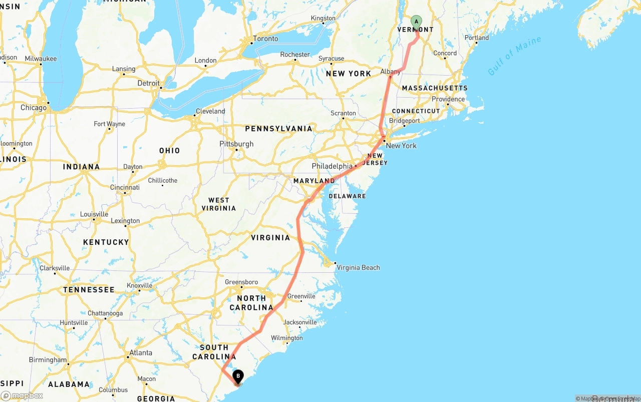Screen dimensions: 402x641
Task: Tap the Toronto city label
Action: pos(265,39)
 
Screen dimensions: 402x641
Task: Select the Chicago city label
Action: pos(34,108)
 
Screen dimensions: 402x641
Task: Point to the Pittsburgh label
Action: pos(236,144)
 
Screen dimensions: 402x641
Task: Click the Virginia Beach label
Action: pos(358,267)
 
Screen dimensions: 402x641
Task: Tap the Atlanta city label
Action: pos(141,352)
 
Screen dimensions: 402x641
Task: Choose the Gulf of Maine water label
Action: pos(514,56)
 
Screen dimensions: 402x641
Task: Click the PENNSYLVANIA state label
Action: pos(278,129)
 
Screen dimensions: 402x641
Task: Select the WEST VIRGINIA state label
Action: pos(219,204)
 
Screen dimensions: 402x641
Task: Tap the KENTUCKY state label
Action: pos(106,242)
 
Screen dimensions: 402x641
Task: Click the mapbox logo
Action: pos(22,395)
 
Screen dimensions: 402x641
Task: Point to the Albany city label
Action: pos(391,72)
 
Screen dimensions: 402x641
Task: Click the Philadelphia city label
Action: pos(332,166)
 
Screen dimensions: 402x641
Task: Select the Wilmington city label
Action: pos(287,338)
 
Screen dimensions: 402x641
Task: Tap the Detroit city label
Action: pos(148,83)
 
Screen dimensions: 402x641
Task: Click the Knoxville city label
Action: pos(139,285)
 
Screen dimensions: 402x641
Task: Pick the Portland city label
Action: pos(477,38)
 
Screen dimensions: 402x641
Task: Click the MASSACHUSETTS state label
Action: pos(435,88)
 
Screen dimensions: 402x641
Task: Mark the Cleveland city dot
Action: pos(194,116)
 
